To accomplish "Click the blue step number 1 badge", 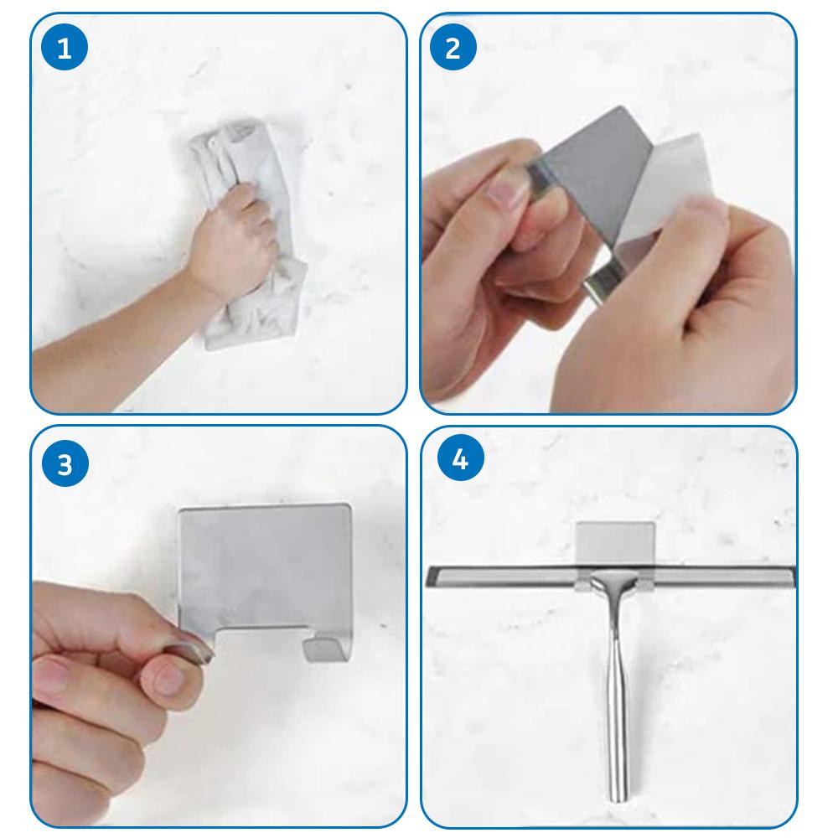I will point(64,49).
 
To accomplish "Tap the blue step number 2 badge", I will point(453,49).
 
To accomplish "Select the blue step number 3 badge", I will point(64,463).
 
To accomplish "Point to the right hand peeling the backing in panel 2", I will point(696,310).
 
